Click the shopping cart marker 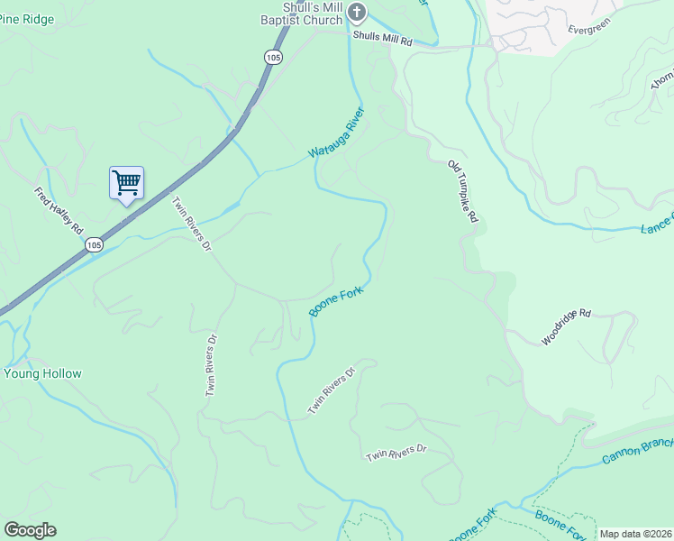pos(126,183)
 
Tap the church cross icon pos(358,12)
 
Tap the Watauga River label pos(337,133)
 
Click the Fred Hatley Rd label pos(59,211)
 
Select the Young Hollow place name pos(42,373)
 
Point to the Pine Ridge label pos(23,19)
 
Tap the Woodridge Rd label pos(566,327)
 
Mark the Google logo pos(30,530)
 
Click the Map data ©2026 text pos(635,534)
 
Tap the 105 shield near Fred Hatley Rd pos(95,244)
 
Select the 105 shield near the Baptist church pos(273,57)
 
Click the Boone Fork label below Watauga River pos(335,302)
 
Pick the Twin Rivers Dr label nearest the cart pos(190,224)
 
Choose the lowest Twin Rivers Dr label pos(396,454)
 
